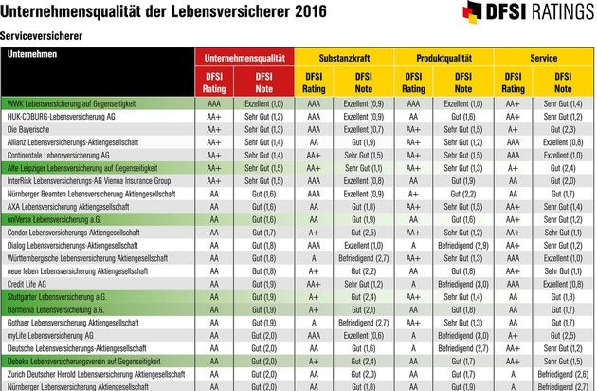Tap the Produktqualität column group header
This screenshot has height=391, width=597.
click(442, 56)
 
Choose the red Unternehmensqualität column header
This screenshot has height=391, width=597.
click(244, 56)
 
